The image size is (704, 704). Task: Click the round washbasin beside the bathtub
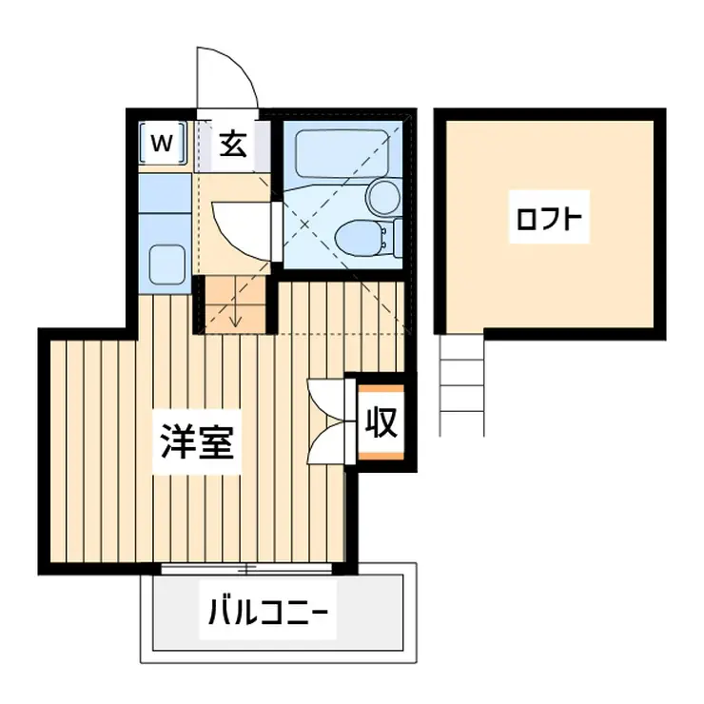pyautogui.click(x=384, y=196)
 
